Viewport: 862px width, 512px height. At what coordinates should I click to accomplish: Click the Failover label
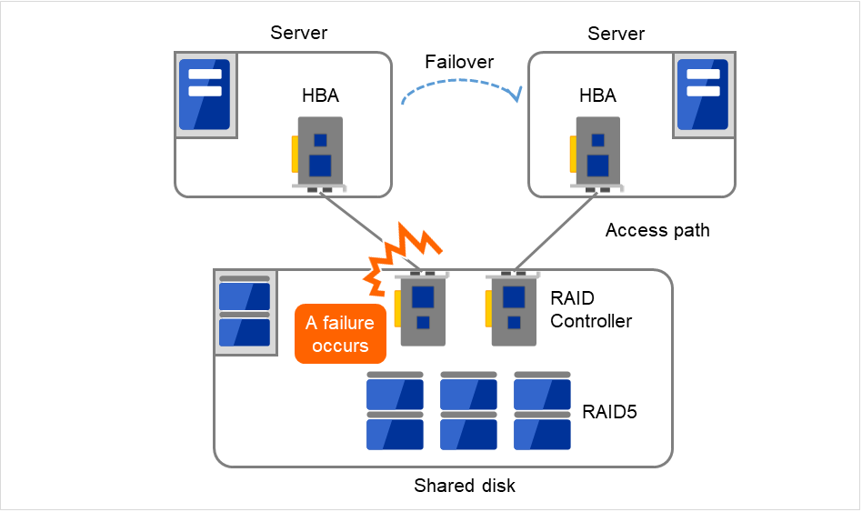click(459, 62)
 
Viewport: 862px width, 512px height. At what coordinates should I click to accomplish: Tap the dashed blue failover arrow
click(459, 87)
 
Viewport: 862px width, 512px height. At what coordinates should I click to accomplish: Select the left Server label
click(299, 34)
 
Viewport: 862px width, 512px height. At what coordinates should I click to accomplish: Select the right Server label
click(616, 34)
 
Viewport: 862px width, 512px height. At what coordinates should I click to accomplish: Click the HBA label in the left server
click(320, 95)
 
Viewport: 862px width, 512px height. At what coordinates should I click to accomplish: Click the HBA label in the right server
click(597, 95)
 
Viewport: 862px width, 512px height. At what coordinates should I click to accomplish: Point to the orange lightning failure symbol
click(400, 255)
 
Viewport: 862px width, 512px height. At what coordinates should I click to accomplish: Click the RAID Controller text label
click(591, 309)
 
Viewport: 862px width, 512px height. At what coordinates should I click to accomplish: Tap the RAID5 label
click(609, 412)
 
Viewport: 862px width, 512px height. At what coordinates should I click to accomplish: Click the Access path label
click(657, 231)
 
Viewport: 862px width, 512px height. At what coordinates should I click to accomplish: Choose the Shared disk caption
click(465, 487)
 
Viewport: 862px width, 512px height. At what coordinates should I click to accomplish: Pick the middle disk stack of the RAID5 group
click(468, 411)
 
